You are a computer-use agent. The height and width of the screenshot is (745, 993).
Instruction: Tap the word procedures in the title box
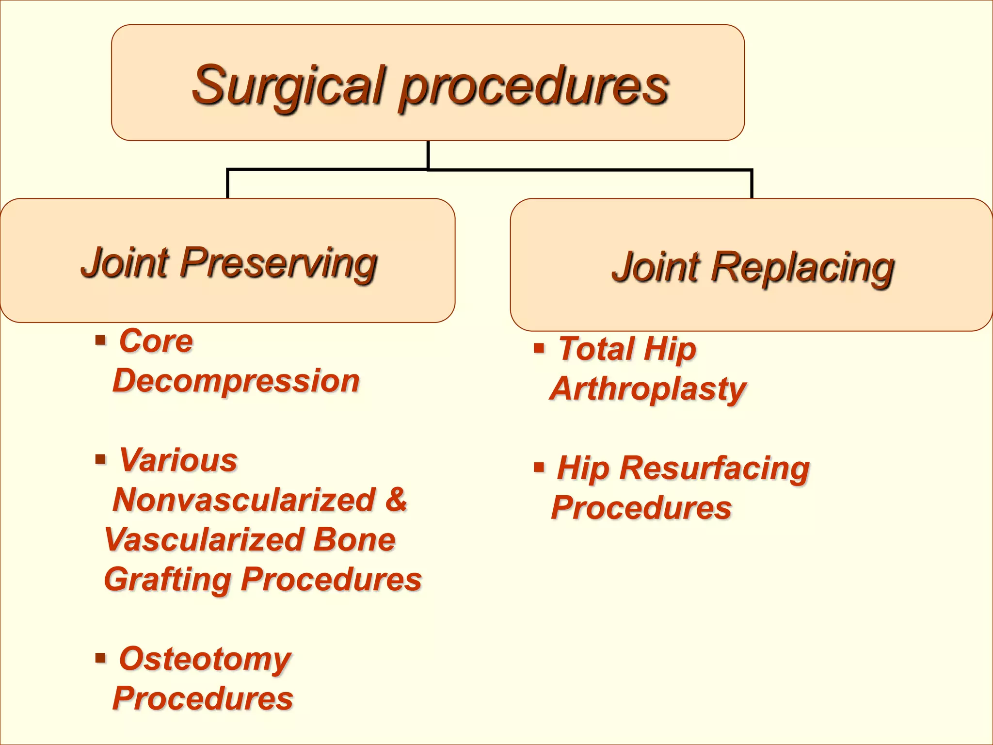coord(534,88)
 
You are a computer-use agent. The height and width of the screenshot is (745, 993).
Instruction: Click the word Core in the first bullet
coord(156,341)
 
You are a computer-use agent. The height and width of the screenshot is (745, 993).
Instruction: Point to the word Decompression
coord(236,381)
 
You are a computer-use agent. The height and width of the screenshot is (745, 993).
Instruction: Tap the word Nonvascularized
coord(244,500)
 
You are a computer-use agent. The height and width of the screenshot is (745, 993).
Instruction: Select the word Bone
coord(354,539)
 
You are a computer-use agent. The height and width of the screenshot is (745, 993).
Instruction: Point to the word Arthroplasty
coord(648,389)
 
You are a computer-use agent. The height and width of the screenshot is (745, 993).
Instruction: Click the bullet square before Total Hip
coord(539,348)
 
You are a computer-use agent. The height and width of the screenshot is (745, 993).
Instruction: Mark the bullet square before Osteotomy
coord(100,658)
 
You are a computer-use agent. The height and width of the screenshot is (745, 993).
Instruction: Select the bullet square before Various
coord(100,459)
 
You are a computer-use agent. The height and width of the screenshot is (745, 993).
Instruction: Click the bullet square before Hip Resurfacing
coord(539,468)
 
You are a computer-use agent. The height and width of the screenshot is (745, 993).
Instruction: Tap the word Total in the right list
coord(596,349)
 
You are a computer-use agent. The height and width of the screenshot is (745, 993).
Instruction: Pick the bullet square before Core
coord(100,340)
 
